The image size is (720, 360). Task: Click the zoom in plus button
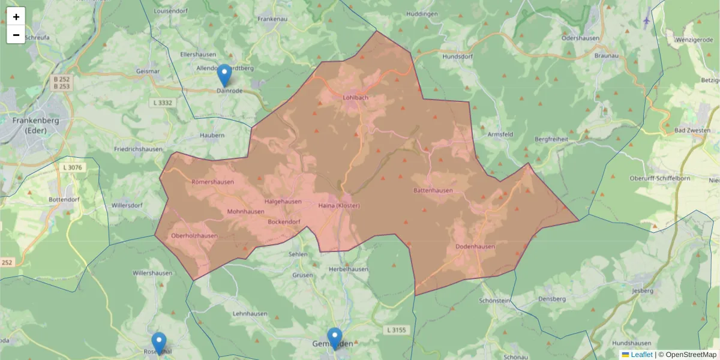[16, 17]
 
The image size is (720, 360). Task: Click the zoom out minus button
[16, 35]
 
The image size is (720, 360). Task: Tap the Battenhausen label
[433, 190]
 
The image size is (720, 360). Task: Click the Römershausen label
[212, 182]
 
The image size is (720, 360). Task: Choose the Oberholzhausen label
[194, 236]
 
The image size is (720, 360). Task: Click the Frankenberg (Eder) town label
[31, 125]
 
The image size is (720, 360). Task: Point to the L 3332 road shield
[163, 103]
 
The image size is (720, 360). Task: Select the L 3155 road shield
[396, 329]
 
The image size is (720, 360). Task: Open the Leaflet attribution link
[641, 355]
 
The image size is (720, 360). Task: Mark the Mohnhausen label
[245, 212]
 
